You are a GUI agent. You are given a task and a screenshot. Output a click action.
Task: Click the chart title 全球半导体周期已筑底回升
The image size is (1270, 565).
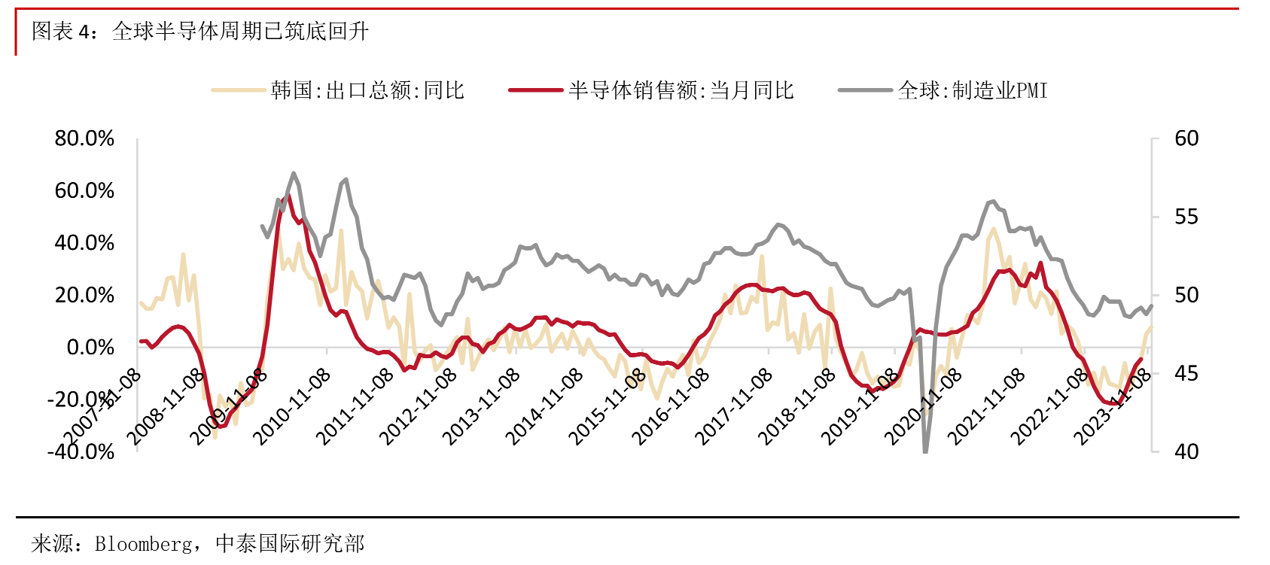pyautogui.click(x=239, y=31)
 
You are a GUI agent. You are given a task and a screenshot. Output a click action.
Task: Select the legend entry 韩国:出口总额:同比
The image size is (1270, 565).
pyautogui.click(x=367, y=90)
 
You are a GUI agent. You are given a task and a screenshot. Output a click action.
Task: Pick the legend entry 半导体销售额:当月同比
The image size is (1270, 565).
pyautogui.click(x=681, y=90)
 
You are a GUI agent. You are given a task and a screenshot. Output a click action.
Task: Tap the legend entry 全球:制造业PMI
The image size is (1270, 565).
pyautogui.click(x=972, y=90)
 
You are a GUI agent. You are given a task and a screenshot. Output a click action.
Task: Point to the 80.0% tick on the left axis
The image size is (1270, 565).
pyautogui.click(x=84, y=138)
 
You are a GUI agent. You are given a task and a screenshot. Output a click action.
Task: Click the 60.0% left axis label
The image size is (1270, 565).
pyautogui.click(x=84, y=190)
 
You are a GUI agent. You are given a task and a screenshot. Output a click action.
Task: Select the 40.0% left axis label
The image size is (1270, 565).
pyautogui.click(x=84, y=242)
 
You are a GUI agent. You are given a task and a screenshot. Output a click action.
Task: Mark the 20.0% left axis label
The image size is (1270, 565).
pyautogui.click(x=84, y=295)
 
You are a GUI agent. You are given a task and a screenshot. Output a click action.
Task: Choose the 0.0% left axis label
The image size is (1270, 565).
pyautogui.click(x=90, y=347)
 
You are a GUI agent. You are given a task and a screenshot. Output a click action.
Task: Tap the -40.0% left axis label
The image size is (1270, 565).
pyautogui.click(x=81, y=451)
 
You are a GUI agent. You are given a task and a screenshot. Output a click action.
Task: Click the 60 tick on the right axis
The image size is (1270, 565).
pyautogui.click(x=1186, y=138)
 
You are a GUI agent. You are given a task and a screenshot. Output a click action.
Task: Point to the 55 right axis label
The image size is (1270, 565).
pyautogui.click(x=1186, y=217)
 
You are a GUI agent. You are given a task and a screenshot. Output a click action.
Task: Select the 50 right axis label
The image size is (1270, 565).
pyautogui.click(x=1186, y=295)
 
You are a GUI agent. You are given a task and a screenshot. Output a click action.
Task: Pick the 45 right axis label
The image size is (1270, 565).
pyautogui.click(x=1186, y=373)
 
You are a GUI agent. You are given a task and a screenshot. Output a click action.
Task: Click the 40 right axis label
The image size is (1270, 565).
pyautogui.click(x=1186, y=451)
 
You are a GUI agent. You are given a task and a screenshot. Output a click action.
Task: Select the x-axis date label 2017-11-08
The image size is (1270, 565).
pyautogui.click(x=732, y=407)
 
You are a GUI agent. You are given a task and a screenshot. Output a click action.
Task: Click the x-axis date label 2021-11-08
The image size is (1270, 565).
pyautogui.click(x=985, y=407)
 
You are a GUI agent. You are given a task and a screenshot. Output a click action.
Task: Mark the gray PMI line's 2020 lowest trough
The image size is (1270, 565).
pyautogui.click(x=925, y=451)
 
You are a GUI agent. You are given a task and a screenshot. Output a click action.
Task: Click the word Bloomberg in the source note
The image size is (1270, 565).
pyautogui.click(x=143, y=543)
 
